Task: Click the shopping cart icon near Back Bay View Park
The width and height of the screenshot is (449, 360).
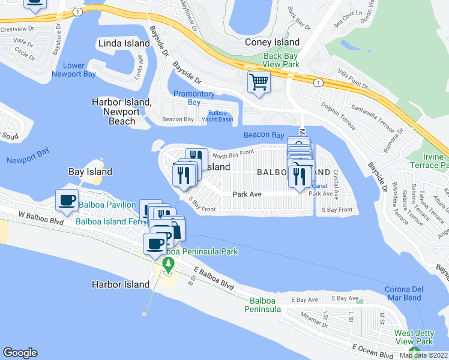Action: pos(259,82)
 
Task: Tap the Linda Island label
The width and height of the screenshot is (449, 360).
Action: pos(124,44)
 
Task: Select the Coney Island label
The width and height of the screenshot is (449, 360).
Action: pos(272,42)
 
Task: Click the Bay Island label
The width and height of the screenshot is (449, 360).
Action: pos(90,172)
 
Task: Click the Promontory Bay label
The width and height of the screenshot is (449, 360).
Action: pos(193,98)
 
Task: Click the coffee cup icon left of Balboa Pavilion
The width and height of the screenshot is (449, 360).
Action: pos(67,200)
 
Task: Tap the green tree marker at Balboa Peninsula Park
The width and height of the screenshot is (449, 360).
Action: pos(169,265)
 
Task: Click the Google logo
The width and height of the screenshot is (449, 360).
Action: pos(20,353)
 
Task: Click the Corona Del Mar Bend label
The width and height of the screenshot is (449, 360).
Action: pos(403,293)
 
